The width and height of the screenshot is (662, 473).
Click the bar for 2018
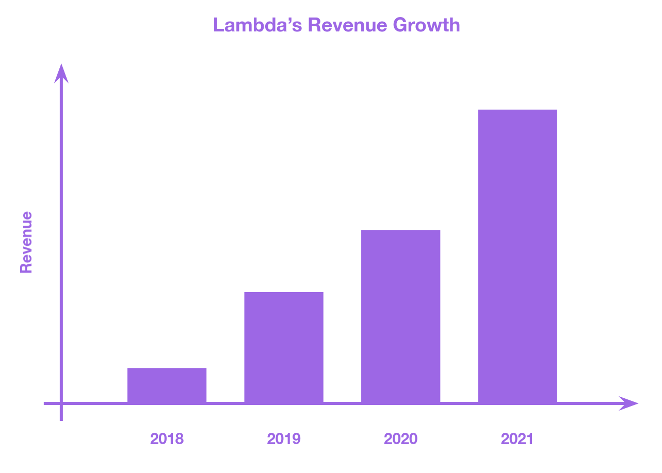(x=167, y=385)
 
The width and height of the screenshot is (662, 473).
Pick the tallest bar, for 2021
(x=518, y=256)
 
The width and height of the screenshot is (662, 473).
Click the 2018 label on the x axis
(x=167, y=439)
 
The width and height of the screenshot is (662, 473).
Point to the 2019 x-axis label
(x=284, y=439)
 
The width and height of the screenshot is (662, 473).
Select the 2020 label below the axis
(x=400, y=439)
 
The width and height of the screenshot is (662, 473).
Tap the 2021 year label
(x=518, y=439)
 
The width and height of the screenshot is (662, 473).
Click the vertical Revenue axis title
(x=26, y=242)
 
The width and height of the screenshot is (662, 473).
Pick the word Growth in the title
(x=427, y=25)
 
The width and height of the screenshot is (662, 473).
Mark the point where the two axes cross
(x=61, y=403)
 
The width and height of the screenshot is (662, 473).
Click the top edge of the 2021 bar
(x=518, y=110)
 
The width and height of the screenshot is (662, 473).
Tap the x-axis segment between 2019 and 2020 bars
(x=342, y=403)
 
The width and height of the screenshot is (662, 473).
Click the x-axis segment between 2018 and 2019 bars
(x=225, y=403)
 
